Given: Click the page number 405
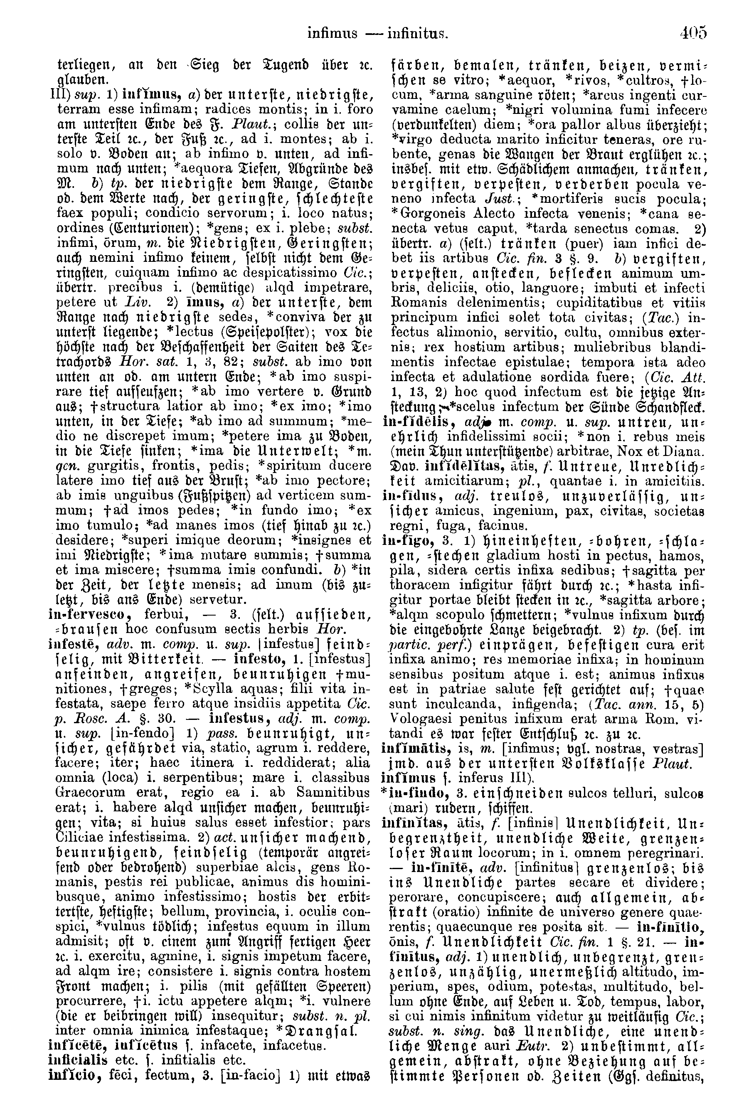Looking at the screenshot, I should coord(693,34).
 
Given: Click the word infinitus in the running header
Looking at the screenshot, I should coord(418,34).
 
